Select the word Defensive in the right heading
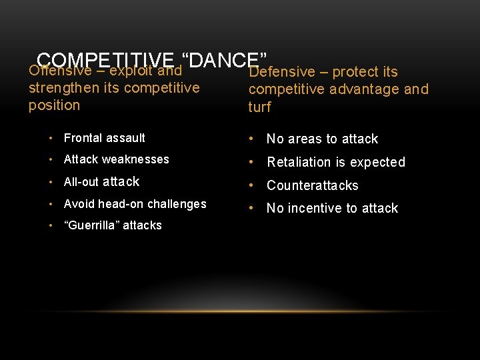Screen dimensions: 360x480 pos(281,72)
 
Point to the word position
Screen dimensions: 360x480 pos(54,105)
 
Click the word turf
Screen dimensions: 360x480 pos(259,107)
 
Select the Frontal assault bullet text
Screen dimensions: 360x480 pos(104,138)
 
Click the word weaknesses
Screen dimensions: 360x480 pos(135,159)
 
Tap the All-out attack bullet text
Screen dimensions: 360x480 pos(101,181)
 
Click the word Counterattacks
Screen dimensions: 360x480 pos(313,185)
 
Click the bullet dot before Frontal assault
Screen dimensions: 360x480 pos(51,138)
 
